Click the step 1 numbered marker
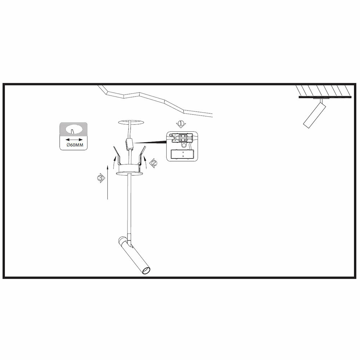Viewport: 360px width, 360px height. coord(180,124)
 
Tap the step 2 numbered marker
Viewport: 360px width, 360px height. coord(154,163)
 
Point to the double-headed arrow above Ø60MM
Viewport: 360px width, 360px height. coord(73,138)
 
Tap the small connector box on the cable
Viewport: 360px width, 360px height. coord(129,144)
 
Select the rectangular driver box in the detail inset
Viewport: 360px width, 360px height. coord(183,154)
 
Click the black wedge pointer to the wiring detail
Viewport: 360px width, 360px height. coord(151,142)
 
